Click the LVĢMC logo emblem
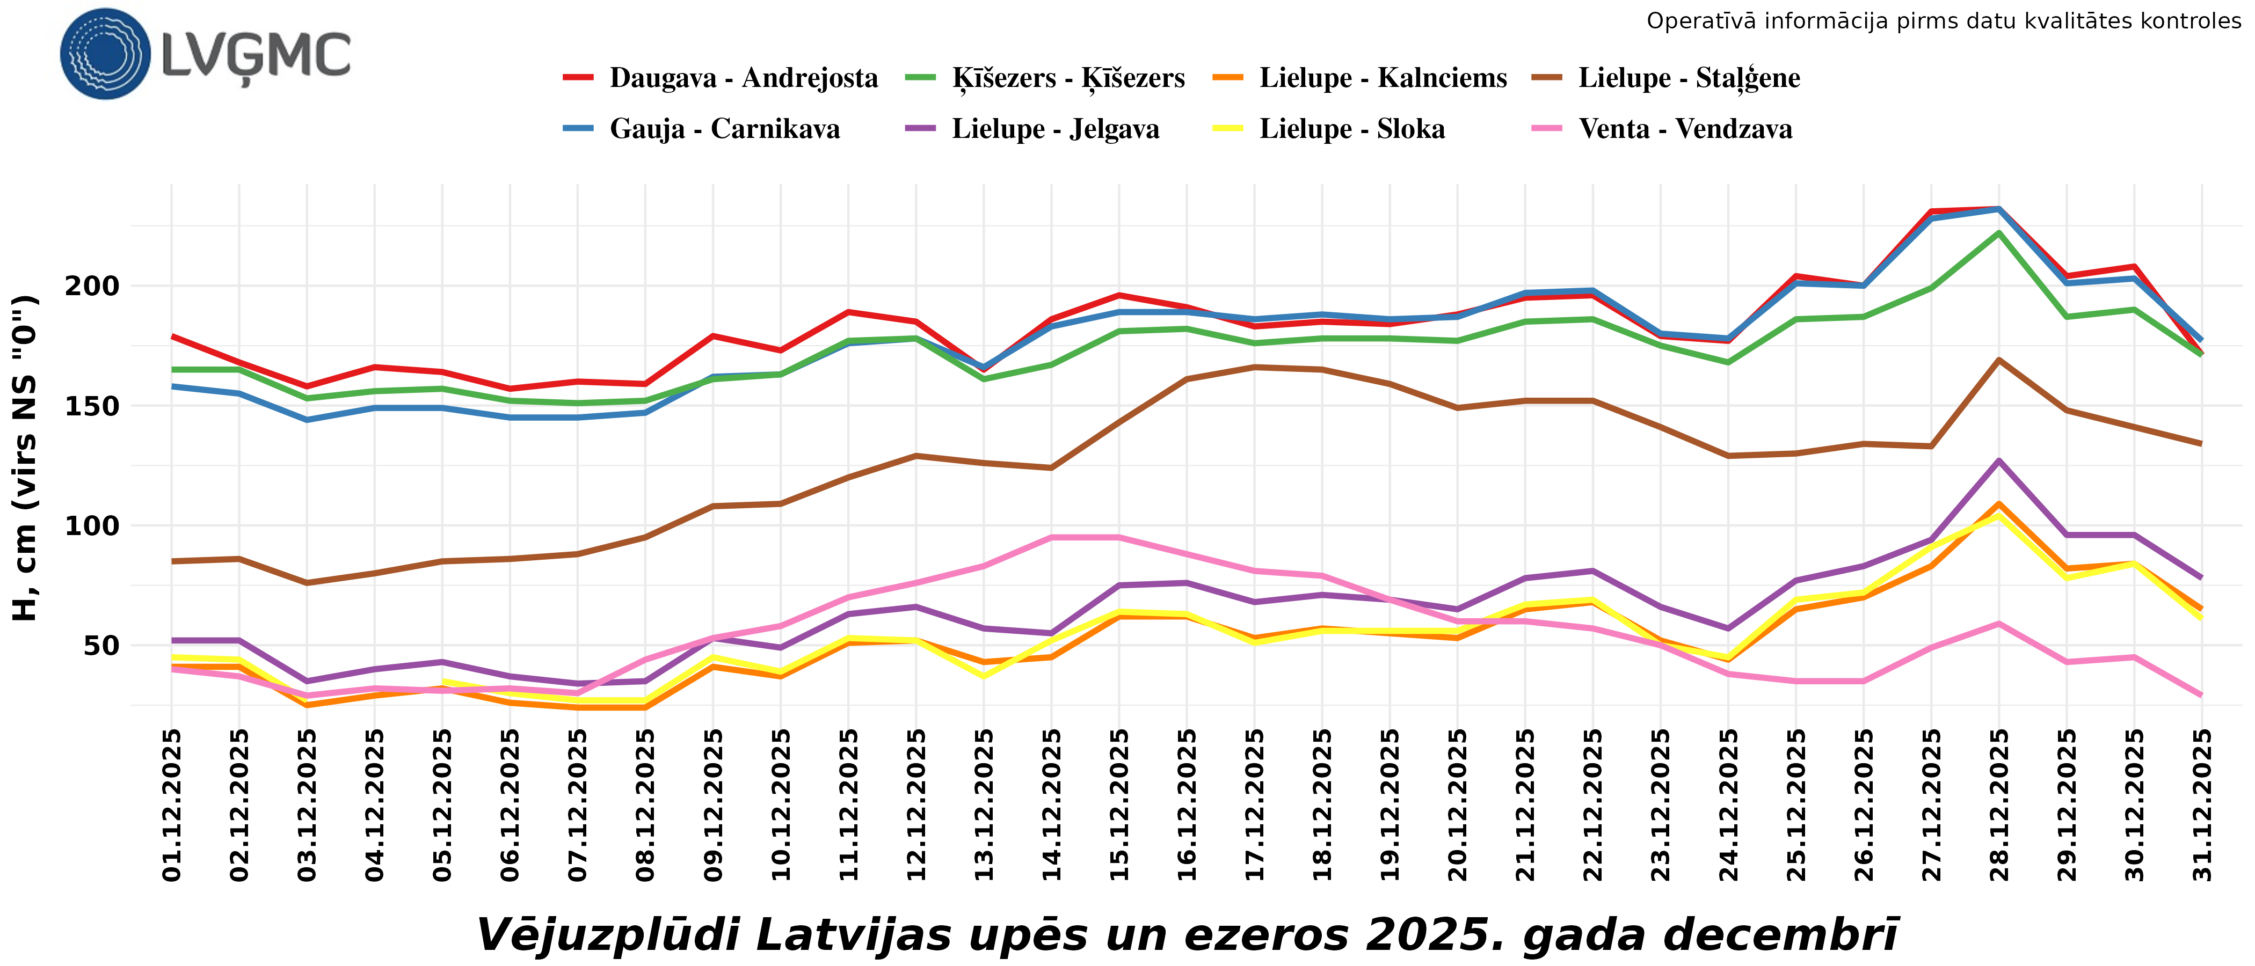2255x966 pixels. tap(105, 54)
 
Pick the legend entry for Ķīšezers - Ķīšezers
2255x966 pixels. tap(1068, 78)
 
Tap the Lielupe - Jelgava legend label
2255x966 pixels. tap(1055, 129)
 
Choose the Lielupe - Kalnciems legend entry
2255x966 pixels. tap(1383, 78)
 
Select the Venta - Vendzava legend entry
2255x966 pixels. tap(1685, 129)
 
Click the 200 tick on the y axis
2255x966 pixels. tap(92, 286)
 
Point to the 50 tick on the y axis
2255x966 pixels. tap(101, 646)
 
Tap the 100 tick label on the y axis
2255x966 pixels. tap(92, 526)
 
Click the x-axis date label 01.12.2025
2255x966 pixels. tap(172, 805)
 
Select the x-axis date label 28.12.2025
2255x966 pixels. tap(1999, 805)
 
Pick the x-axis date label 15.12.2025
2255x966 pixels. tap(1119, 805)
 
